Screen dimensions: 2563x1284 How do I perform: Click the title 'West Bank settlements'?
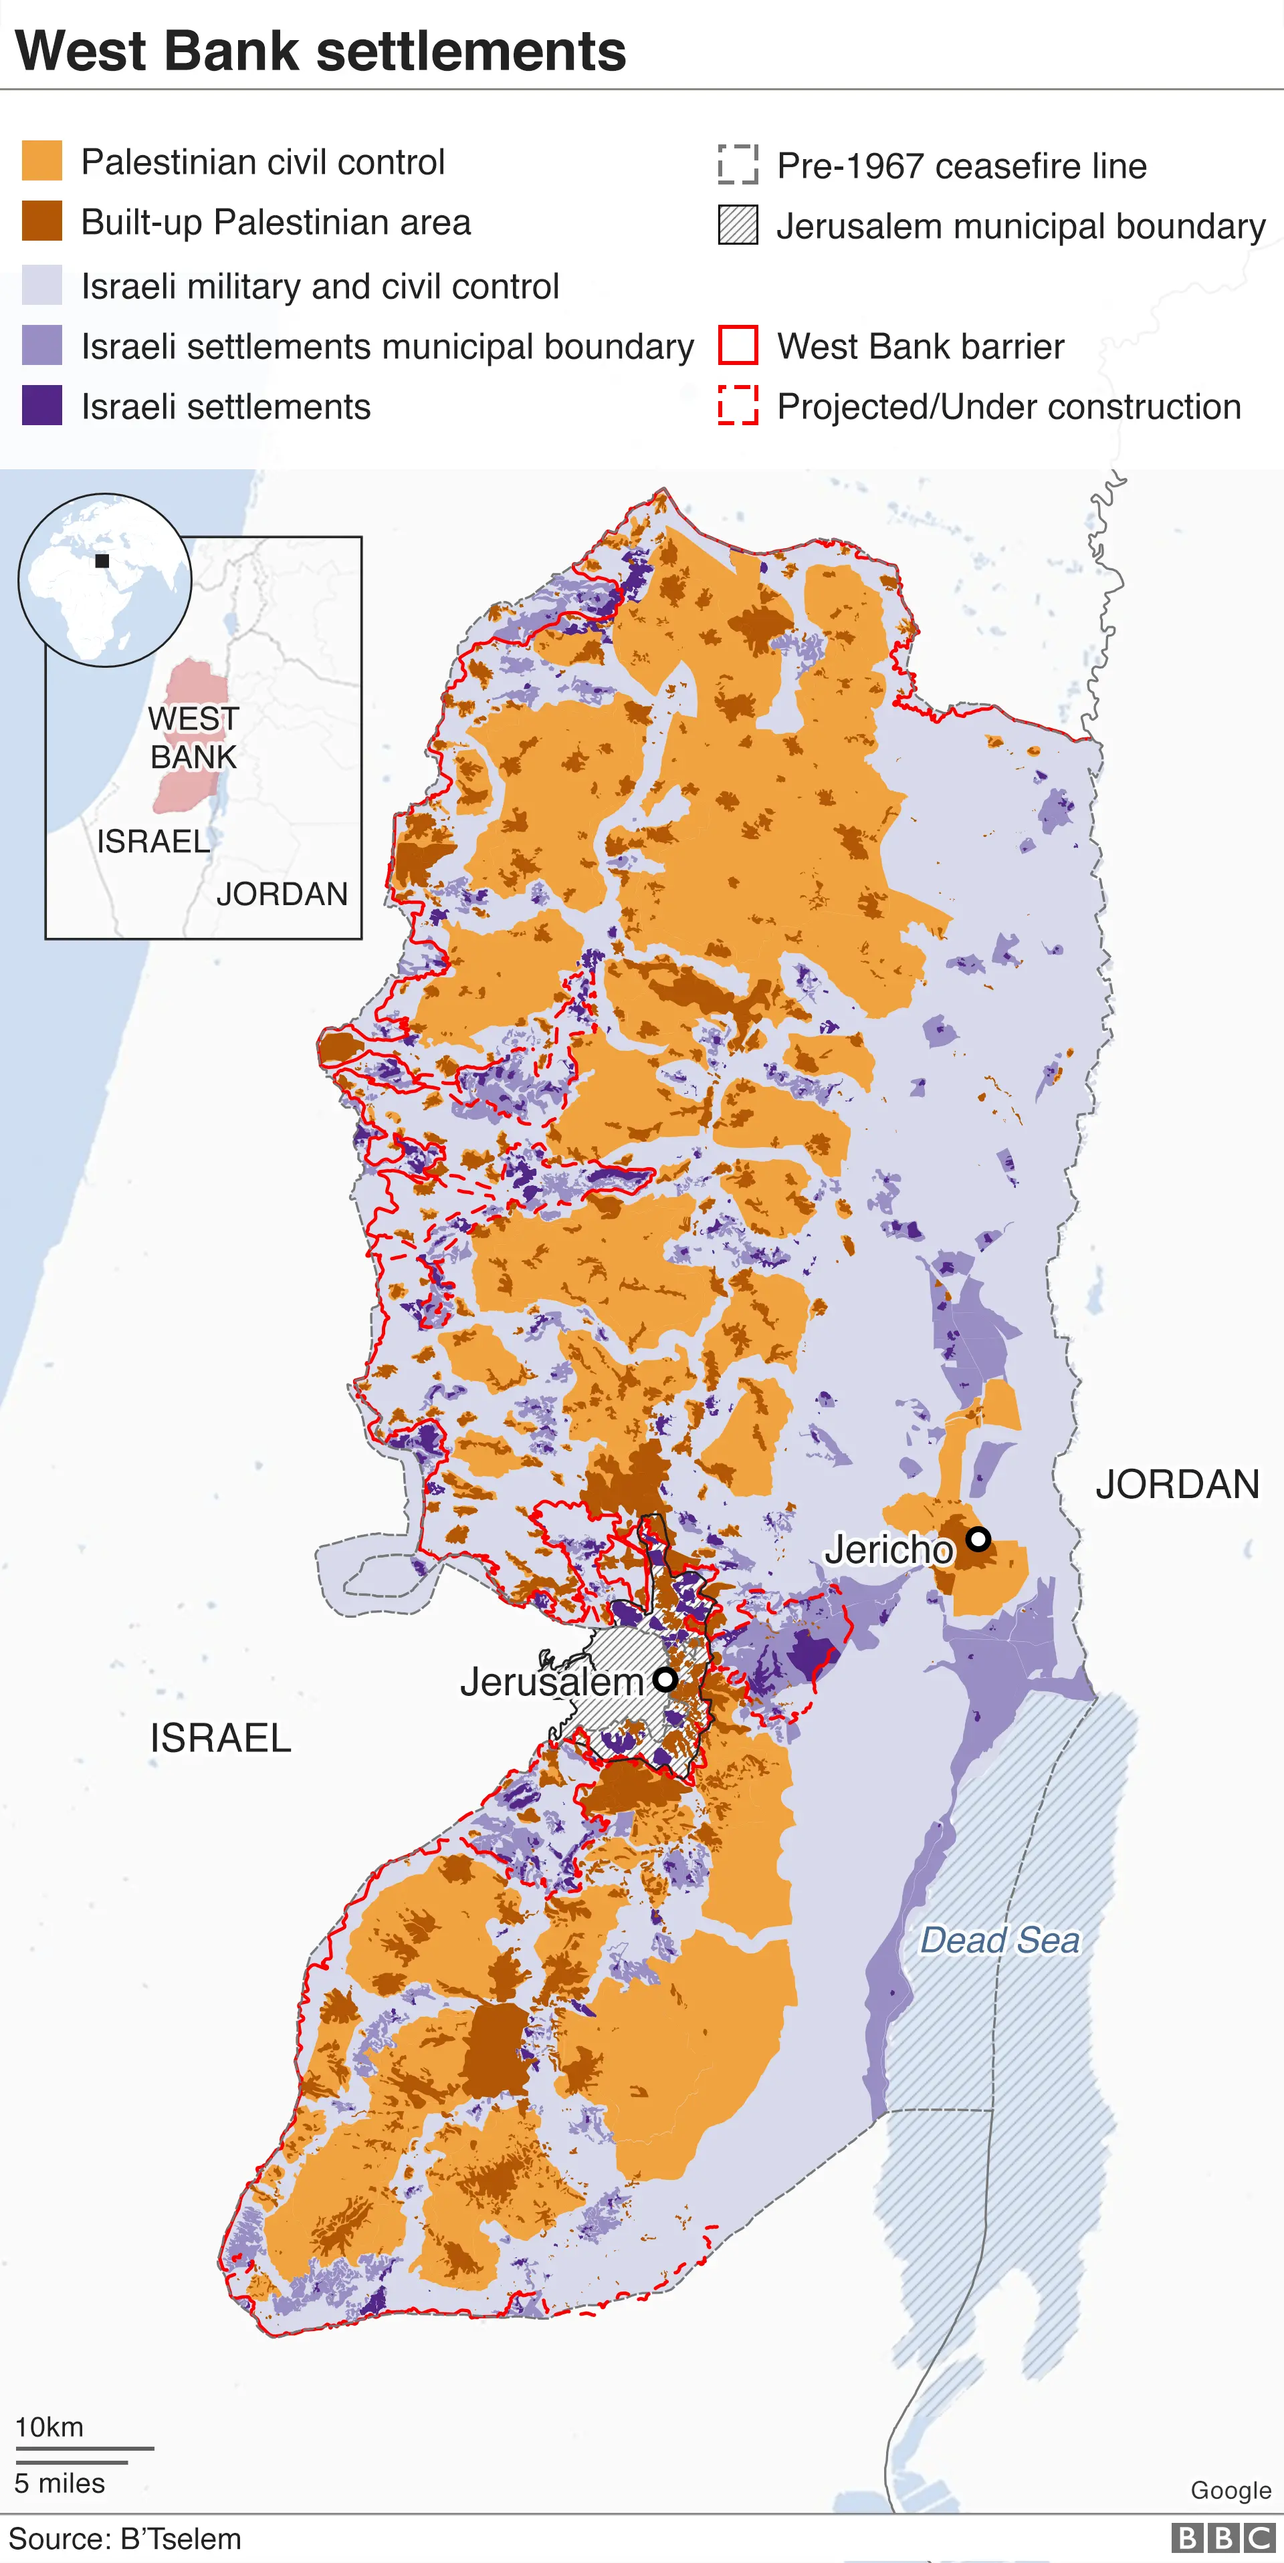click(x=320, y=51)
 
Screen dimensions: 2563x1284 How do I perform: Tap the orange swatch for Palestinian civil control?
click(x=42, y=161)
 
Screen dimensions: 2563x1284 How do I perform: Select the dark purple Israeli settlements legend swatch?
click(x=42, y=406)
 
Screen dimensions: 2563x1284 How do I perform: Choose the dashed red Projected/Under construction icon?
click(x=738, y=406)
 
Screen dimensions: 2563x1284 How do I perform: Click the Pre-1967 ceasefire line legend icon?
click(x=738, y=165)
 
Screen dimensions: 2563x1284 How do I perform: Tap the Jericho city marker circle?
click(x=978, y=1539)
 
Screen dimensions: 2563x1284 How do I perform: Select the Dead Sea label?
click(x=999, y=1940)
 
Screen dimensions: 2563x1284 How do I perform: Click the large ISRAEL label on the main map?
click(x=220, y=1738)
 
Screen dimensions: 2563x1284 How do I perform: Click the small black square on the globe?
click(x=102, y=561)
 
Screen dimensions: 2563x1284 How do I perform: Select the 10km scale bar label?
click(x=49, y=2427)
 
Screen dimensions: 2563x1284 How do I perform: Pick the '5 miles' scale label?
click(x=60, y=2483)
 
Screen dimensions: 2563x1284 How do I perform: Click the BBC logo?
click(x=1223, y=2538)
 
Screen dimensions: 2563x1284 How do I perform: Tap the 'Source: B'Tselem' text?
click(x=126, y=2539)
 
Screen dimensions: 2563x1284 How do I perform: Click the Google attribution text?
click(x=1230, y=2490)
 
